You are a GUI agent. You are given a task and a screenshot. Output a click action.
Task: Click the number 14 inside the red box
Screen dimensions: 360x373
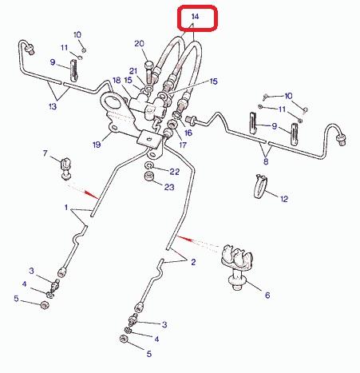pos(195,17)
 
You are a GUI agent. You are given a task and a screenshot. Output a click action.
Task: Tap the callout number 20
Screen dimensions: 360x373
pos(139,43)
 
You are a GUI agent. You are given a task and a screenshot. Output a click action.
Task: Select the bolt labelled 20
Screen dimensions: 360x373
pos(148,73)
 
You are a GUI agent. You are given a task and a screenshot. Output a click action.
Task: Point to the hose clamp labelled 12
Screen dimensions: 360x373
pos(260,186)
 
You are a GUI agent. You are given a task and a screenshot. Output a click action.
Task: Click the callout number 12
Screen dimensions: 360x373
pos(284,199)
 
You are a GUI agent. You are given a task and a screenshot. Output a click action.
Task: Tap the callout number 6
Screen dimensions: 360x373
pos(267,295)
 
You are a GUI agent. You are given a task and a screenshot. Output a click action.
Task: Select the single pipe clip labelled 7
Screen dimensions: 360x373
pos(66,168)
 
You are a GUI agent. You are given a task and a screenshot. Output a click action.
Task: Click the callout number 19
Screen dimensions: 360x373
pos(97,145)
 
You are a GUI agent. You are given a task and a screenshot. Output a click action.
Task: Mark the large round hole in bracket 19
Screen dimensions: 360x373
pos(111,101)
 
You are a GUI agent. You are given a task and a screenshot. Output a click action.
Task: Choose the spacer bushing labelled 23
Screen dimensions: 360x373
pos(148,177)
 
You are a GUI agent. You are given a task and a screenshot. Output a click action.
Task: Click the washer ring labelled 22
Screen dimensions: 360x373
pos(149,166)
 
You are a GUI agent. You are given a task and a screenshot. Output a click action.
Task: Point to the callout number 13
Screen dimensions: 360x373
pos(53,106)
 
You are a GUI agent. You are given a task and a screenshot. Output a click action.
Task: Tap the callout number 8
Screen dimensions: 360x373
pos(266,161)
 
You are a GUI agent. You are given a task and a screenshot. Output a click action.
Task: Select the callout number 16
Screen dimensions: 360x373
pos(188,133)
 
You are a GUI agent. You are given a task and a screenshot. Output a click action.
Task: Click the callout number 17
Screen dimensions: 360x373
pos(183,145)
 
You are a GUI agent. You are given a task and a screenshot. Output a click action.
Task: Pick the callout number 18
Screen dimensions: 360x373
pos(117,80)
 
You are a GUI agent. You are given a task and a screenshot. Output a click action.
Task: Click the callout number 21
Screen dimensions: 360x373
pos(133,71)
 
